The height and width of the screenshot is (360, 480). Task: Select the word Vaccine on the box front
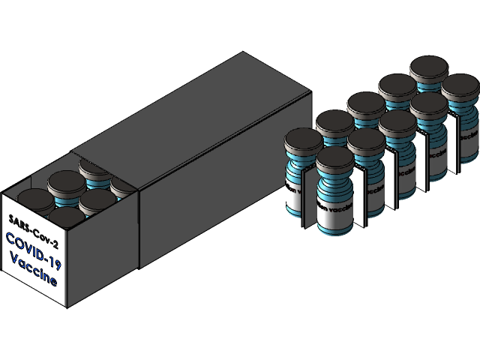click(34, 271)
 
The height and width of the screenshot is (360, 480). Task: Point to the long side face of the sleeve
click(225, 195)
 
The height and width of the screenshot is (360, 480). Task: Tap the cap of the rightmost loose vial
click(460, 86)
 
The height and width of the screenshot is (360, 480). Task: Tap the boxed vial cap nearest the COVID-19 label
click(66, 217)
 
